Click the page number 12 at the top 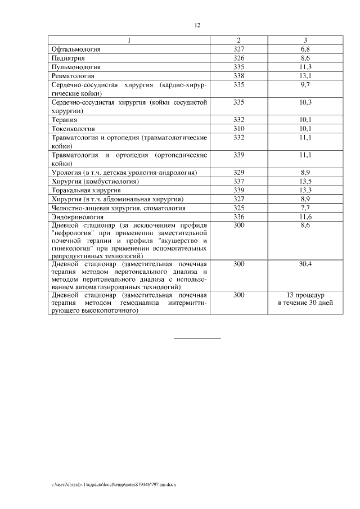(197, 25)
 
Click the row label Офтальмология (75, 49)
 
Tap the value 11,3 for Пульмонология (305, 66)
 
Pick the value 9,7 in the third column (305, 84)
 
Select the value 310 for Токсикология (238, 128)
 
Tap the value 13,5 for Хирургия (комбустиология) (305, 181)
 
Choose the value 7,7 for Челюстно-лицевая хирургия (305, 208)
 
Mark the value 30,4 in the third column (305, 263)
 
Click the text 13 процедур (305, 295)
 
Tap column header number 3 (305, 40)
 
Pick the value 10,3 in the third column (305, 102)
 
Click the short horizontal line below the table (197, 337)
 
